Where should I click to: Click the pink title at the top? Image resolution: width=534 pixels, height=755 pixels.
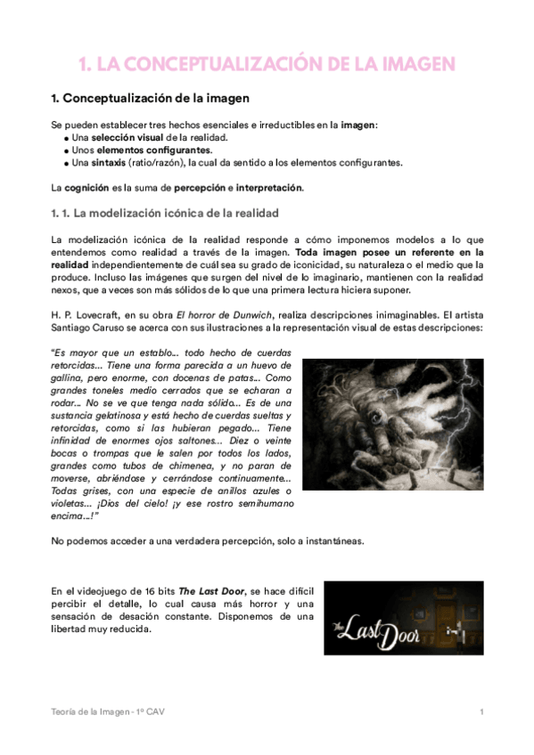[x=267, y=64]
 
